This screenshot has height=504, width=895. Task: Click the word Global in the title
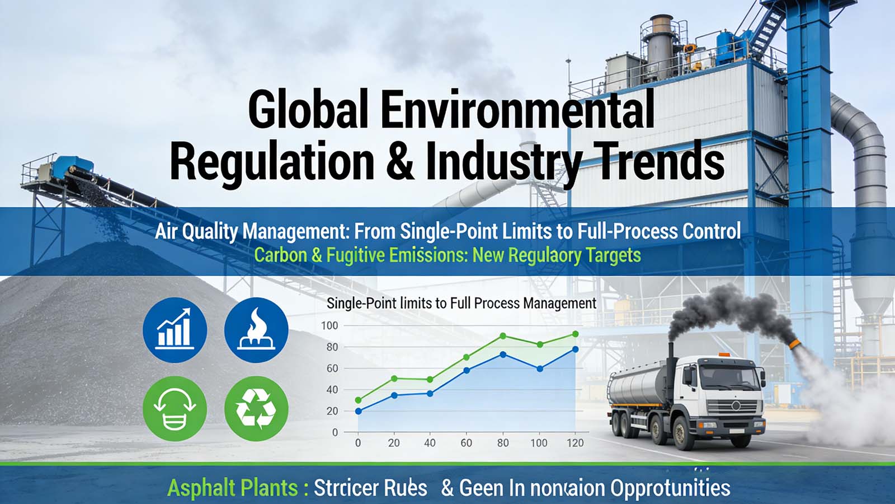[308, 110]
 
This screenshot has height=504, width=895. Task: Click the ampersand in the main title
[399, 161]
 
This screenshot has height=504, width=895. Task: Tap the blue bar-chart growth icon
[175, 330]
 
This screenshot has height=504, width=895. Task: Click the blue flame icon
[256, 330]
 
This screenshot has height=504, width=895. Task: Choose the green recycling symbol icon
[256, 408]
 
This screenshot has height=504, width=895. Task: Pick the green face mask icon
[175, 408]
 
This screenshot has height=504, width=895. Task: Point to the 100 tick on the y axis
[329, 325]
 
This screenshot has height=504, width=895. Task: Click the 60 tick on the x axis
[466, 443]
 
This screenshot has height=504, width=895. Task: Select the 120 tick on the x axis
[574, 443]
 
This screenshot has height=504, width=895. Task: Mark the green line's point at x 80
[503, 336]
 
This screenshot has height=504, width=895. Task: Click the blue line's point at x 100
[540, 368]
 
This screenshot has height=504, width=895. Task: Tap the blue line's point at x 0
[359, 411]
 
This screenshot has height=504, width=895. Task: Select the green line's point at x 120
[575, 334]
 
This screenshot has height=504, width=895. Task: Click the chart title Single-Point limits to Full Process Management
[461, 304]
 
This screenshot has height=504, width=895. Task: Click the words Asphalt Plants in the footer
[232, 488]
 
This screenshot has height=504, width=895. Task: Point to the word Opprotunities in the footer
[670, 488]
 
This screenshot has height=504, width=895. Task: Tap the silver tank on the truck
[638, 384]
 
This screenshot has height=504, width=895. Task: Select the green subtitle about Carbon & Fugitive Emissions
[447, 255]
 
